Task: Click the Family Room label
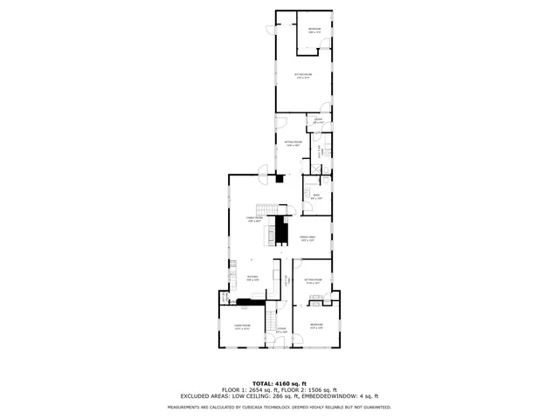(253, 219)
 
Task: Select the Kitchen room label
(252, 278)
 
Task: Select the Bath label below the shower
(316, 197)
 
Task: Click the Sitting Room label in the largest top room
(303, 76)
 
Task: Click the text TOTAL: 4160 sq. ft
(279, 383)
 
